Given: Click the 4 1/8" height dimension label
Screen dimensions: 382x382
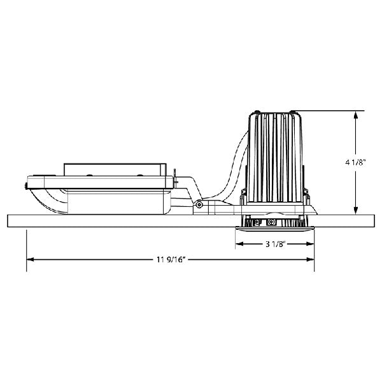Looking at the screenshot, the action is (356, 162).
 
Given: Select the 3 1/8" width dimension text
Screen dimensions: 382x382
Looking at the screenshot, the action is (275, 244).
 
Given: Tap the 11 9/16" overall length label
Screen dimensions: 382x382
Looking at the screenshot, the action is (171, 260).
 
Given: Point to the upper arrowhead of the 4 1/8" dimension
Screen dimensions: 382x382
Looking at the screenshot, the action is (356, 115).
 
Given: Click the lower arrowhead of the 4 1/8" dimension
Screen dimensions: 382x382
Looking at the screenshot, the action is (356, 211).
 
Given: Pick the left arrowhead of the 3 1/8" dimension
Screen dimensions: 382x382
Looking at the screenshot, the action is (240, 244).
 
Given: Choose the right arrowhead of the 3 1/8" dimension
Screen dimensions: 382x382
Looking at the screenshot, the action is (310, 244).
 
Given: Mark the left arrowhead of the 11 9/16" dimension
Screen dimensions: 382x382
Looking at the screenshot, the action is (31, 260).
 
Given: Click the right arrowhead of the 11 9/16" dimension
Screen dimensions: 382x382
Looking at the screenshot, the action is (310, 260).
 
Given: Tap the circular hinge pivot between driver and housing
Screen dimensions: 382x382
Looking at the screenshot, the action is (199, 204).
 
